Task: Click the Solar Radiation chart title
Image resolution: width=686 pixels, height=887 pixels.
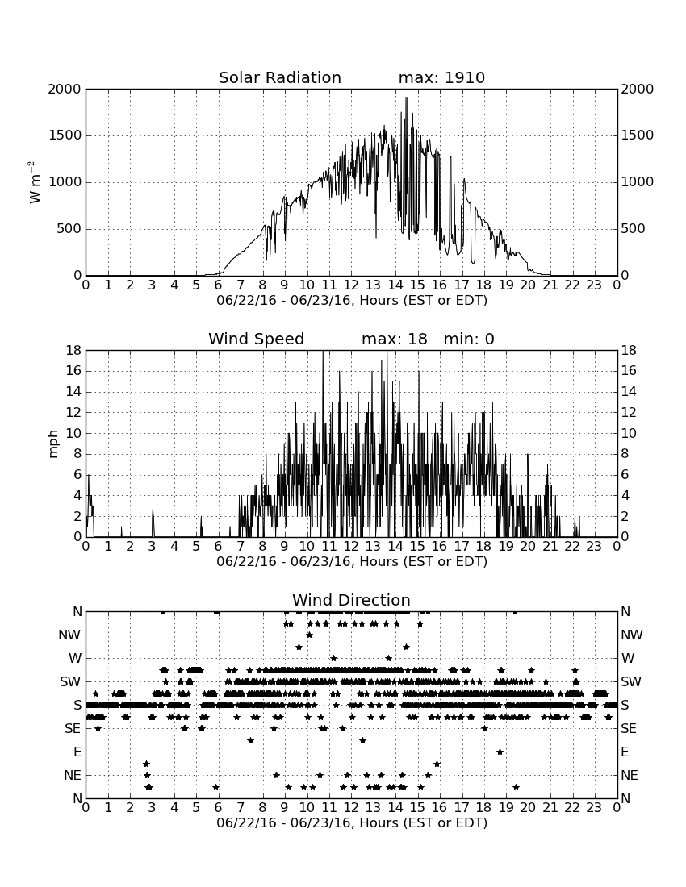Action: coord(279,77)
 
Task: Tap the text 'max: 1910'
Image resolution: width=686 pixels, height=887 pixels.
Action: coord(441,77)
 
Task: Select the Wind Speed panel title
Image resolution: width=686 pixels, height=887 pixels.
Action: coord(256,339)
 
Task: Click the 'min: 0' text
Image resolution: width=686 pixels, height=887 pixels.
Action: coord(469,339)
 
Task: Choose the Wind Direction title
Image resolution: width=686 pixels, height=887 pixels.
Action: coord(351,600)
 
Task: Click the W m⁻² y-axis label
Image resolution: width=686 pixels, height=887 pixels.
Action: coord(35,182)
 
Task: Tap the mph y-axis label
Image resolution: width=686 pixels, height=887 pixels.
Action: coord(53,444)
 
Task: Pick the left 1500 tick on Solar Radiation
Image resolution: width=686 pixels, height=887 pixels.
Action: coord(65,135)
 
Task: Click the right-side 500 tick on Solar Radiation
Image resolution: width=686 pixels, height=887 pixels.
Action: coord(633,228)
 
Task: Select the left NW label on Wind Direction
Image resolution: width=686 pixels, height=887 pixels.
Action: coord(69,635)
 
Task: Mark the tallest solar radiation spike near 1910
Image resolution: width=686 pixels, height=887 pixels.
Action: coord(407,98)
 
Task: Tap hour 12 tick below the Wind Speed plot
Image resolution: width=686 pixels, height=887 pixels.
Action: coord(351,546)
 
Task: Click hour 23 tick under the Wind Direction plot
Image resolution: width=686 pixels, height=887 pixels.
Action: coord(594,807)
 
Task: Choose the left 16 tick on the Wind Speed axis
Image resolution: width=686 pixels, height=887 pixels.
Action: coord(74,371)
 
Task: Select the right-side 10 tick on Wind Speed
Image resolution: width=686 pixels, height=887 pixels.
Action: coord(629,433)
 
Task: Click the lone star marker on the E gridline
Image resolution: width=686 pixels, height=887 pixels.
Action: coord(500,752)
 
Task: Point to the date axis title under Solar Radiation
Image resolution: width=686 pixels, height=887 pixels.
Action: coord(352,301)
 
